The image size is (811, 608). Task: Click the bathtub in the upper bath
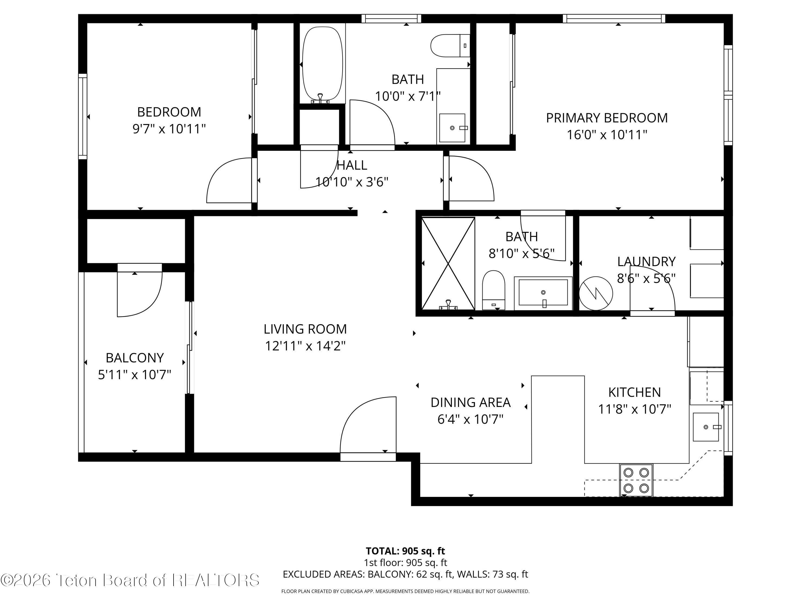[322, 65]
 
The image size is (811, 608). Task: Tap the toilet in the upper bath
[450, 46]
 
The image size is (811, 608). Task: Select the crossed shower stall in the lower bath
[448, 263]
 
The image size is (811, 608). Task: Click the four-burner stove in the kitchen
[636, 480]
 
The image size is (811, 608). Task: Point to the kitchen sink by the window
[706, 427]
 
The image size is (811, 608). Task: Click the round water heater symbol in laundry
[596, 293]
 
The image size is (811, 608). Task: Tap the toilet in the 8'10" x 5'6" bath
[493, 289]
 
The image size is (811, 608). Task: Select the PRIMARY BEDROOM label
[607, 118]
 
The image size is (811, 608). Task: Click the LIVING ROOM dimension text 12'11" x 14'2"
[305, 346]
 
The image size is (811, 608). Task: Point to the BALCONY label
[135, 358]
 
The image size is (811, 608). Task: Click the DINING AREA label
[470, 402]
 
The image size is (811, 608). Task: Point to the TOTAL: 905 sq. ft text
[405, 551]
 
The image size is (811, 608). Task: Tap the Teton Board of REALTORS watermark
[130, 580]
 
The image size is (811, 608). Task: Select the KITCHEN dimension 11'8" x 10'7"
[634, 409]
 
